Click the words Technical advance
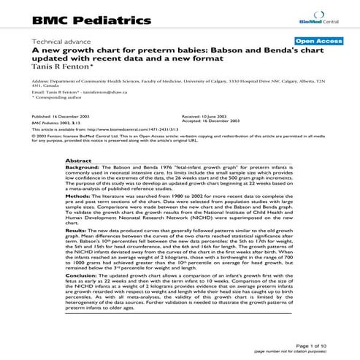click(x=55, y=42)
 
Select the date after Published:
click(x=80, y=116)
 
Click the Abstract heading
click(x=78, y=159)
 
